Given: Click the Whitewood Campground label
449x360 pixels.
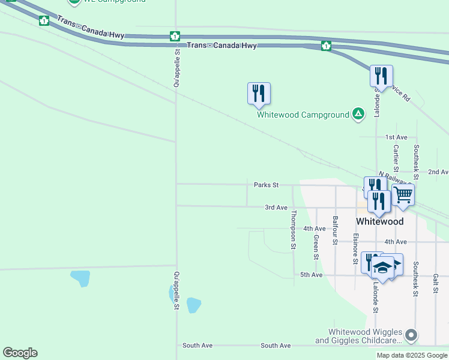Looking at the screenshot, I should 303,115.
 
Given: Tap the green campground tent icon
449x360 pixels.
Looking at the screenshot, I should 358,114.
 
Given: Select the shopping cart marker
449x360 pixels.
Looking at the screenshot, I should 403,194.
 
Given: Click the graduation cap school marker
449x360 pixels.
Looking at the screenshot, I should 382,266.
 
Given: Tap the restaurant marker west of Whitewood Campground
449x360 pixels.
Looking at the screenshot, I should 259,93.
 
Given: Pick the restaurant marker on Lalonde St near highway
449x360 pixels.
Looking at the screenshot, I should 381,76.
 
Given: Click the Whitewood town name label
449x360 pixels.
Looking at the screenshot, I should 379,221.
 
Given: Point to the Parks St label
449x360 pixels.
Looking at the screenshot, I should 266,185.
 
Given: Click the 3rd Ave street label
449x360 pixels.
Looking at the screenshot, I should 276,208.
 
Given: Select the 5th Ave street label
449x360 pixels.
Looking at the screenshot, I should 312,275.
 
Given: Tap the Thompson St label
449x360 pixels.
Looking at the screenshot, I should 294,229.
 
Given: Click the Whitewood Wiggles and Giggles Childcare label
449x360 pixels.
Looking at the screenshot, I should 364,336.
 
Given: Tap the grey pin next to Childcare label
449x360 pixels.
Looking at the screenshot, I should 411,335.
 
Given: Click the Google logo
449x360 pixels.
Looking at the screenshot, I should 20,353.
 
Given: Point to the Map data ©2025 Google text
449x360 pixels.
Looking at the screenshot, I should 412,355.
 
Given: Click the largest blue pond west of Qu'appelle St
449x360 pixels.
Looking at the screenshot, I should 80,278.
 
